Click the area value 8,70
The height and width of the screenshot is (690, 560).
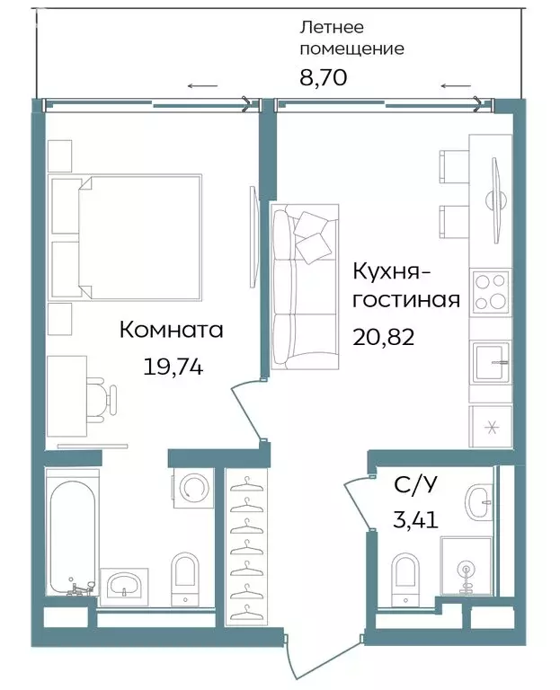click(x=323, y=77)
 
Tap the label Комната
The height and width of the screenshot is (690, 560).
click(x=171, y=331)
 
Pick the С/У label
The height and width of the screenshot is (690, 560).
click(x=415, y=486)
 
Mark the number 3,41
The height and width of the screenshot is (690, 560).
click(x=415, y=519)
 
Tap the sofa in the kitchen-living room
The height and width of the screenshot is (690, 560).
click(x=305, y=286)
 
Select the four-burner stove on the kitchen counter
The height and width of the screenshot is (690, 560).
click(x=491, y=291)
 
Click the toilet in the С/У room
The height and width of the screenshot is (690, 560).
click(x=405, y=574)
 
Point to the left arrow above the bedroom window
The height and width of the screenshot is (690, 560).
click(x=202, y=86)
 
